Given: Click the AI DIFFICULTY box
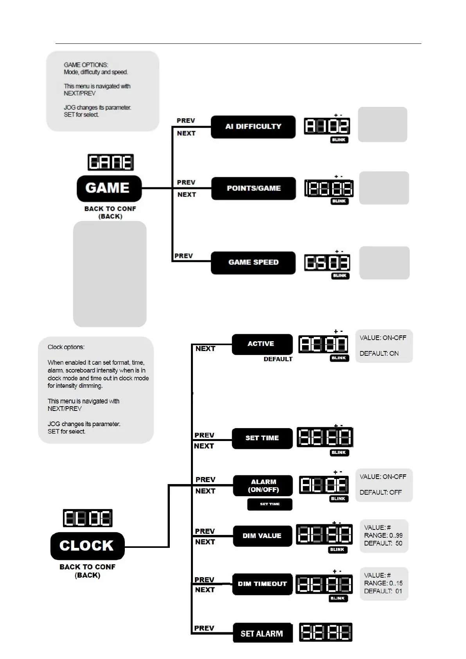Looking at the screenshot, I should coord(253,127).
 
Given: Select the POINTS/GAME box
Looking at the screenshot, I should coord(254,188).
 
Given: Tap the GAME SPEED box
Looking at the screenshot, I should coord(253,263).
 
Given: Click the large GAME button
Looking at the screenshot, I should coord(109,188).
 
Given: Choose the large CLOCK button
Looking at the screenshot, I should coord(87,546).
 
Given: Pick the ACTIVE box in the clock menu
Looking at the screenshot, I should coord(262,344).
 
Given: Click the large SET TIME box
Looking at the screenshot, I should coord(262,438).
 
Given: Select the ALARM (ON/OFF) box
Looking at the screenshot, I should coord(263,486).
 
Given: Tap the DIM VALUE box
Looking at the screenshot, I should coord(262,536).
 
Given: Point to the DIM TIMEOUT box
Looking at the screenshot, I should coord(262,584).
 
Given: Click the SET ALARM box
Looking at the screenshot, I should coord(262,633).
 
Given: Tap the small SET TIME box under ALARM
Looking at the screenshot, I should coord(270,504).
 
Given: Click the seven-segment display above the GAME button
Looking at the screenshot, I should coord(111,162).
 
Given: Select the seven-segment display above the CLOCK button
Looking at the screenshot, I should coord(88,518).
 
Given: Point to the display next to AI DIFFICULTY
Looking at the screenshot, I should coord(327,126).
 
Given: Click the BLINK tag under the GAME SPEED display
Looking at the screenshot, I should coord(340,276).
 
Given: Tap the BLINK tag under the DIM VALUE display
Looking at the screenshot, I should coord(337,550).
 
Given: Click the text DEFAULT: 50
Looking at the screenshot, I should coord(383,543).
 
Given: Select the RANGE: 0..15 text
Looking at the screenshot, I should coord(383,583).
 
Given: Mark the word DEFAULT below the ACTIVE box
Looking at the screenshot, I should coord(278,359).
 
